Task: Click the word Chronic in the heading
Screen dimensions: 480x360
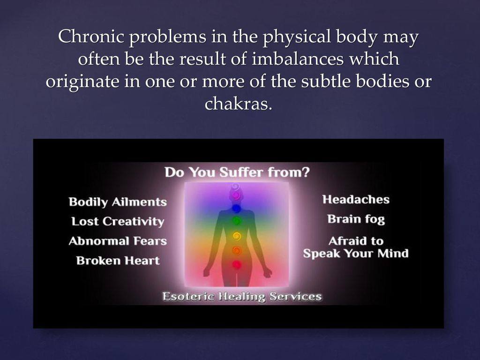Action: (x=90, y=36)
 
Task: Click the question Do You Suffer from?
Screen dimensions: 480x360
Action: (x=237, y=172)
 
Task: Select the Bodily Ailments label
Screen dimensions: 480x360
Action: (x=118, y=202)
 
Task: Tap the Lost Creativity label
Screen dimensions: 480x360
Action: (x=118, y=222)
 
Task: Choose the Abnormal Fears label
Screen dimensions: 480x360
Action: (x=118, y=241)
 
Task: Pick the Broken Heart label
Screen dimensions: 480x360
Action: (x=118, y=261)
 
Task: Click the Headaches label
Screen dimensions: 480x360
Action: (x=356, y=200)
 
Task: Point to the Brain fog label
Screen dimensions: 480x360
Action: (x=356, y=219)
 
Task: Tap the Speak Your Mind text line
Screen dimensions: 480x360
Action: (x=356, y=254)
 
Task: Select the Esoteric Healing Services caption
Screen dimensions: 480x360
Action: (x=242, y=297)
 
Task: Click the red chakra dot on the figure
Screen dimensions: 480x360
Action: (x=237, y=264)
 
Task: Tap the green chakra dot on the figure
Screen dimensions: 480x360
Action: (x=236, y=220)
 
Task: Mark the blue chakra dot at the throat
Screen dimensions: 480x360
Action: (x=236, y=209)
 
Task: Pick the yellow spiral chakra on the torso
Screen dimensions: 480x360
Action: (x=236, y=236)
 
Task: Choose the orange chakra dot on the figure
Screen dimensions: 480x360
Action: (x=237, y=250)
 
